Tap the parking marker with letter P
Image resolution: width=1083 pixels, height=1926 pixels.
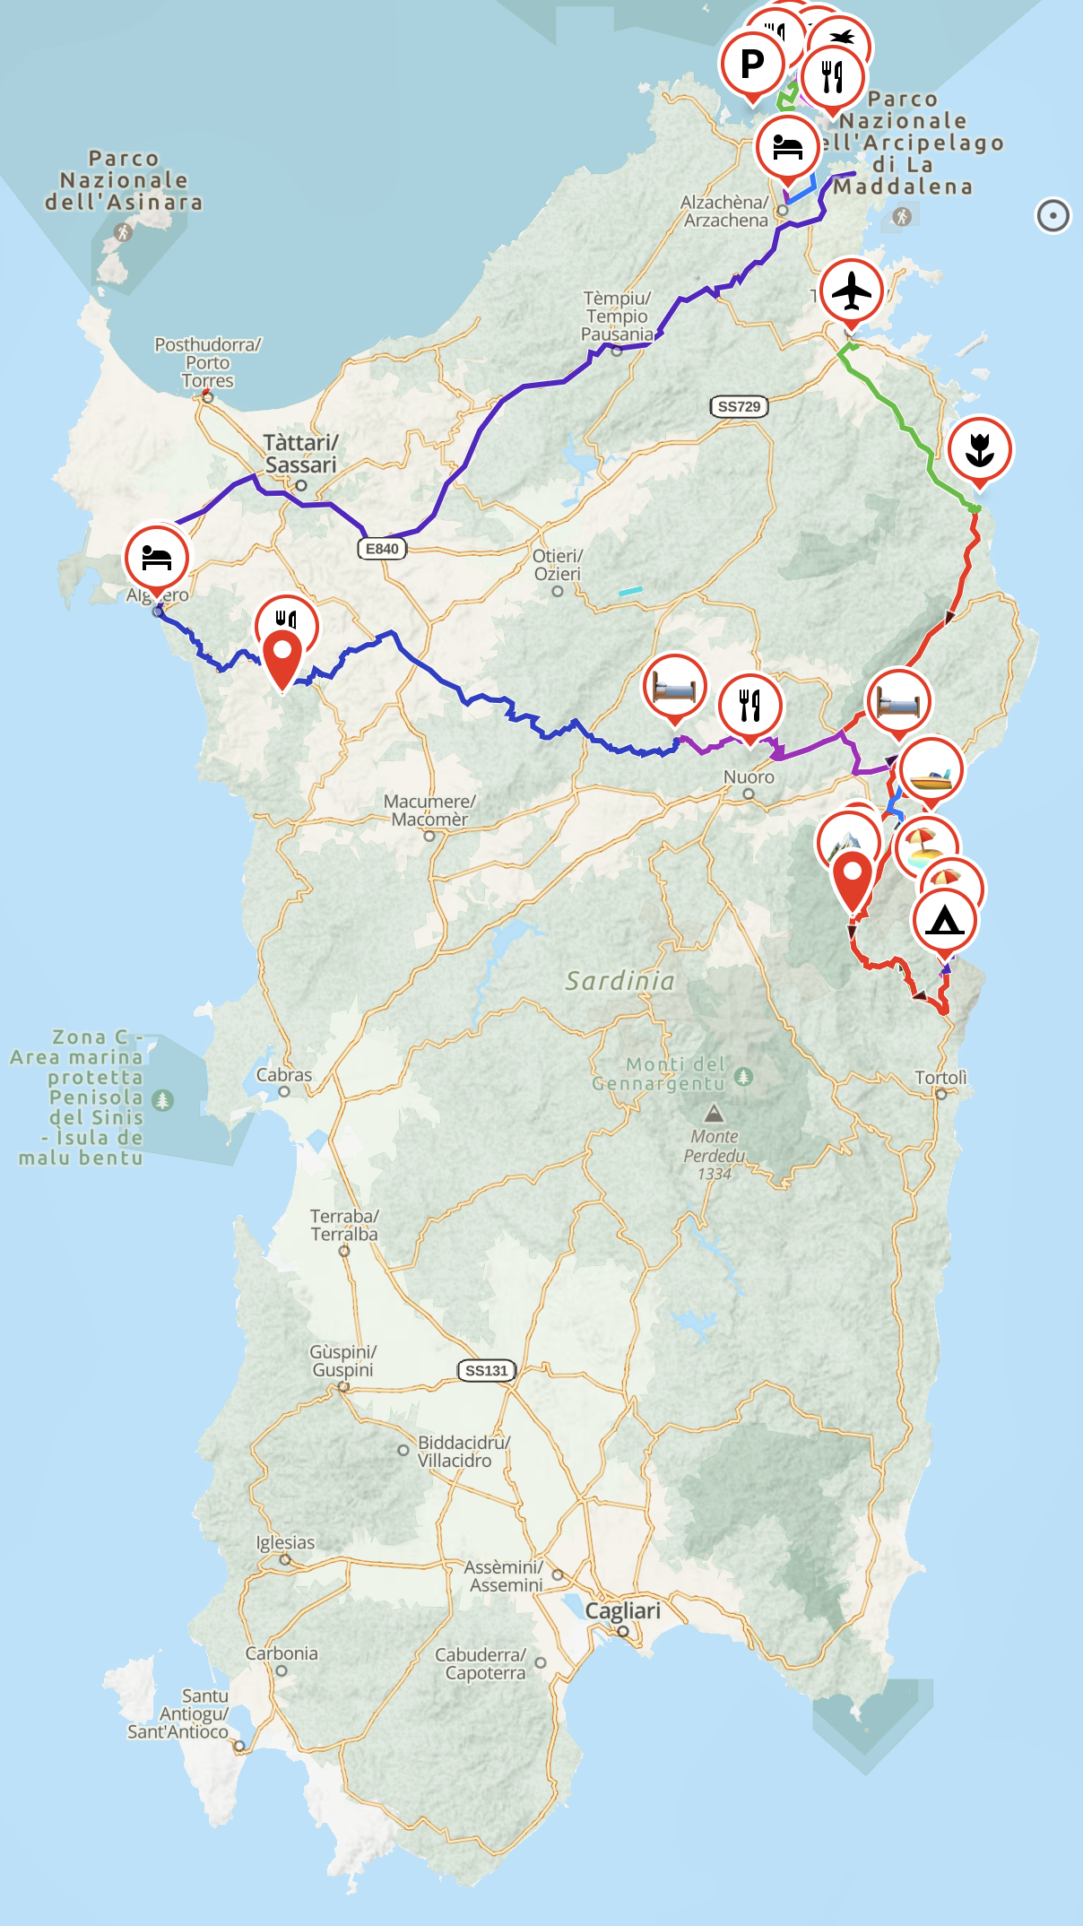(x=752, y=64)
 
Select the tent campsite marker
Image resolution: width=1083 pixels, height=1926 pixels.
(x=944, y=920)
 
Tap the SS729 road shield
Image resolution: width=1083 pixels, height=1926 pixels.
(x=739, y=406)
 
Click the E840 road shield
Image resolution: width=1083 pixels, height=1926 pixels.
(x=382, y=549)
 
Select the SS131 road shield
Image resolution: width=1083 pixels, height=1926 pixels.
(x=486, y=1370)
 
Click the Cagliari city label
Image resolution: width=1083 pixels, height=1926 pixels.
(x=623, y=1610)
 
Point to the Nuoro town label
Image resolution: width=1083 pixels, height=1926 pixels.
(x=749, y=776)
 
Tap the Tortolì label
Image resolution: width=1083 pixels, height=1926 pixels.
(x=940, y=1077)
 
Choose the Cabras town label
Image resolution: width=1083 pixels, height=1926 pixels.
(x=284, y=1074)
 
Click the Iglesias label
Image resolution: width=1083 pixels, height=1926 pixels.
(x=285, y=1542)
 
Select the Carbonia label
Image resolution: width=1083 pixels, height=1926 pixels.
(x=282, y=1653)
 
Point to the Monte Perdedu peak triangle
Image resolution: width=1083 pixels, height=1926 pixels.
(x=714, y=1114)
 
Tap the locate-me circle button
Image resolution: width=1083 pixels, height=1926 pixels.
(x=1053, y=215)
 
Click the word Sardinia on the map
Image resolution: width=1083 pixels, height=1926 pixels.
(x=619, y=981)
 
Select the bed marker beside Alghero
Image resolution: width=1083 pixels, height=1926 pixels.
(x=157, y=558)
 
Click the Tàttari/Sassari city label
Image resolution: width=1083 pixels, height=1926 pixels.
(x=301, y=454)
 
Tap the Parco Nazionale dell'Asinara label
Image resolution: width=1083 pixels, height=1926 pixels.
(x=124, y=180)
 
